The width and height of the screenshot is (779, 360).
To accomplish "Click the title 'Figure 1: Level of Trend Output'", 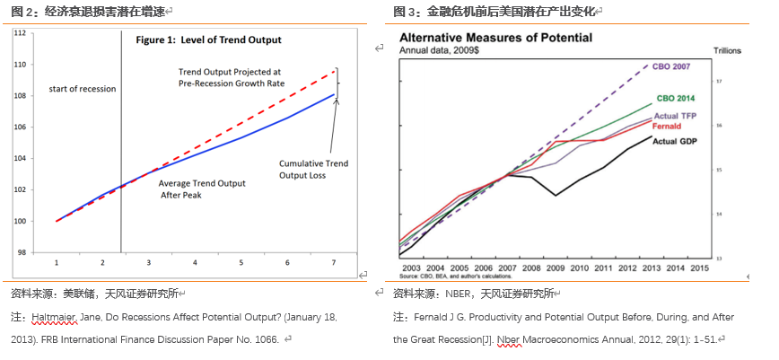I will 208,40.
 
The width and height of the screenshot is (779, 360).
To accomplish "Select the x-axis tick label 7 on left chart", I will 334,262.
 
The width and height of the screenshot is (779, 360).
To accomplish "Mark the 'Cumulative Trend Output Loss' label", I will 313,170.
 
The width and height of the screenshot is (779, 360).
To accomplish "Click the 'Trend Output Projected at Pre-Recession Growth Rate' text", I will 230,76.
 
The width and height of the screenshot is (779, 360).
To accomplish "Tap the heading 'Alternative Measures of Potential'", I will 495,38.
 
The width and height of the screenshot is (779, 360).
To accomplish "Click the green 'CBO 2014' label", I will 676,98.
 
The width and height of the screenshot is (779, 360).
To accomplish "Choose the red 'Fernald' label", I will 670,126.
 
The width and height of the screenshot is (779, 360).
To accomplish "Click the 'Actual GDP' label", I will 675,141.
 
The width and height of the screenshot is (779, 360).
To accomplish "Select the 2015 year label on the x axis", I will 699,268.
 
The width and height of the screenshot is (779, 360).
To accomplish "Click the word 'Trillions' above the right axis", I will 728,51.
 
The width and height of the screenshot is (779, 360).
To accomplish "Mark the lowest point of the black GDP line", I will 556,196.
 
